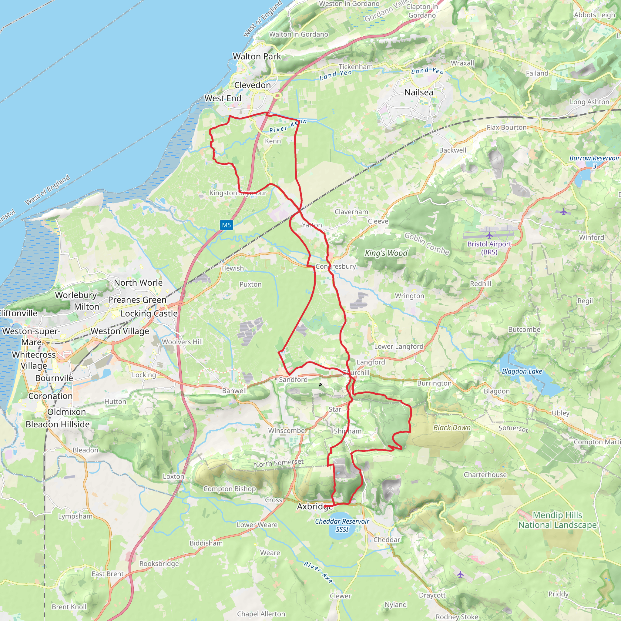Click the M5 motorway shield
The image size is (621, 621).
coord(226,225)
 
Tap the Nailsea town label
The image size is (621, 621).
coord(418,92)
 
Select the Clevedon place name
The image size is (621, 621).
coord(252,85)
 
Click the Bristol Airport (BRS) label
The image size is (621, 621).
coord(489,248)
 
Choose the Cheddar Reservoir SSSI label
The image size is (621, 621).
coord(342,525)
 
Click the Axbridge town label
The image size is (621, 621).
coord(315,507)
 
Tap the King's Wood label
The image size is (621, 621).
coord(386,253)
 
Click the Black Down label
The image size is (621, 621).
coord(451,428)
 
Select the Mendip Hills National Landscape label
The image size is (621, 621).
coord(557,520)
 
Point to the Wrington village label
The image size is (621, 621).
coord(409,296)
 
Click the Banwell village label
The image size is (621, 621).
coord(234,391)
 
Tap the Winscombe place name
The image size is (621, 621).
coord(286,431)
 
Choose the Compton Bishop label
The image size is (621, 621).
coord(230,489)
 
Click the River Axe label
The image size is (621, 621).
coord(318,572)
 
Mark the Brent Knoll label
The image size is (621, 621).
coord(69,607)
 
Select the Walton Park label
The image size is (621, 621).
coord(257,57)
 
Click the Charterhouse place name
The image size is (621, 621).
coord(485,475)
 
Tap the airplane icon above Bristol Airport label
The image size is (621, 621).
coord(489,235)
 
